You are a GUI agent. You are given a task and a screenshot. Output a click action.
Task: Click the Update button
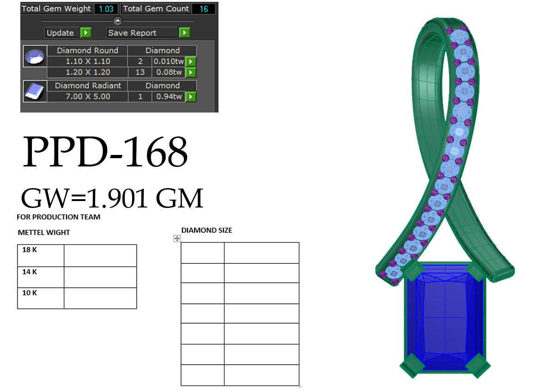pyautogui.click(x=60, y=33)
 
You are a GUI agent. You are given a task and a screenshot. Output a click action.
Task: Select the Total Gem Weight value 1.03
pyautogui.click(x=106, y=9)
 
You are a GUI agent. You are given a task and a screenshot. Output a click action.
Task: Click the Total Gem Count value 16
pyautogui.click(x=204, y=9)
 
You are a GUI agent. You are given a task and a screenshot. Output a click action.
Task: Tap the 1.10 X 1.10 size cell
pyautogui.click(x=87, y=61)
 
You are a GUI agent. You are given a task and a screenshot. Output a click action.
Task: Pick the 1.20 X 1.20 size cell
pyautogui.click(x=87, y=72)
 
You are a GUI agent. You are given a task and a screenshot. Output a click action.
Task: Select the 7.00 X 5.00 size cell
pyautogui.click(x=87, y=97)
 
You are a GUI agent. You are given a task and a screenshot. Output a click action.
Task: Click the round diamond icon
pyautogui.click(x=35, y=57)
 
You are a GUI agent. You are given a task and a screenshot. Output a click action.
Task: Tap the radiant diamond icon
pyautogui.click(x=35, y=91)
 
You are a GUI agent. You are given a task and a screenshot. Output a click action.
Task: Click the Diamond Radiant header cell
pyautogui.click(x=87, y=86)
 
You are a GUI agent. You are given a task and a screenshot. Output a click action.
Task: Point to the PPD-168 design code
pyautogui.click(x=105, y=153)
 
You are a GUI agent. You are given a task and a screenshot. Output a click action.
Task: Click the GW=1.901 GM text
pyautogui.click(x=112, y=198)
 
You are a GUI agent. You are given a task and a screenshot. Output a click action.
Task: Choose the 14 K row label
pyautogui.click(x=30, y=272)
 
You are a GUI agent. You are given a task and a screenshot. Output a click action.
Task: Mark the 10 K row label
pyautogui.click(x=30, y=293)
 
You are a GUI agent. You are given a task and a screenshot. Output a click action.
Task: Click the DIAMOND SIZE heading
pyautogui.click(x=206, y=230)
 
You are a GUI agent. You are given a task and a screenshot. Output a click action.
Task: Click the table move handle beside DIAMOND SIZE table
pyautogui.click(x=177, y=238)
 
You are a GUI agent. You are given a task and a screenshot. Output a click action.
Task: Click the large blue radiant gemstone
pyautogui.click(x=444, y=318)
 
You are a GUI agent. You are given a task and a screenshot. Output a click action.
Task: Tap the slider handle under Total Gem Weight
pyautogui.click(x=118, y=21)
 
